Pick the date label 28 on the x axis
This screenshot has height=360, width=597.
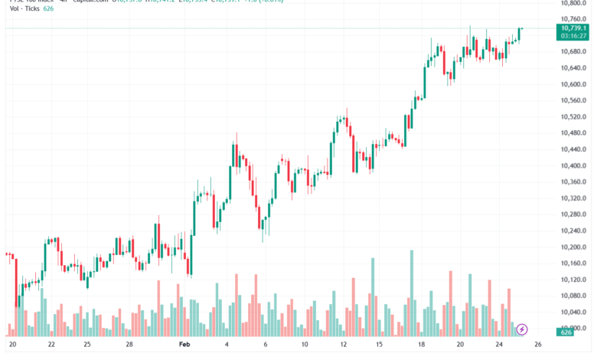[x=129, y=345]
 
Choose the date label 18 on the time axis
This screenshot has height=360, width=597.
[x=422, y=345]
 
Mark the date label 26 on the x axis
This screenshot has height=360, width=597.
[x=538, y=345]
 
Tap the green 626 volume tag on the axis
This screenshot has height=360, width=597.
[x=567, y=332]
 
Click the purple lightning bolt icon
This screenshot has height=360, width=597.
[x=522, y=329]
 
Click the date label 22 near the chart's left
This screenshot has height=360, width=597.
[x=51, y=345]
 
